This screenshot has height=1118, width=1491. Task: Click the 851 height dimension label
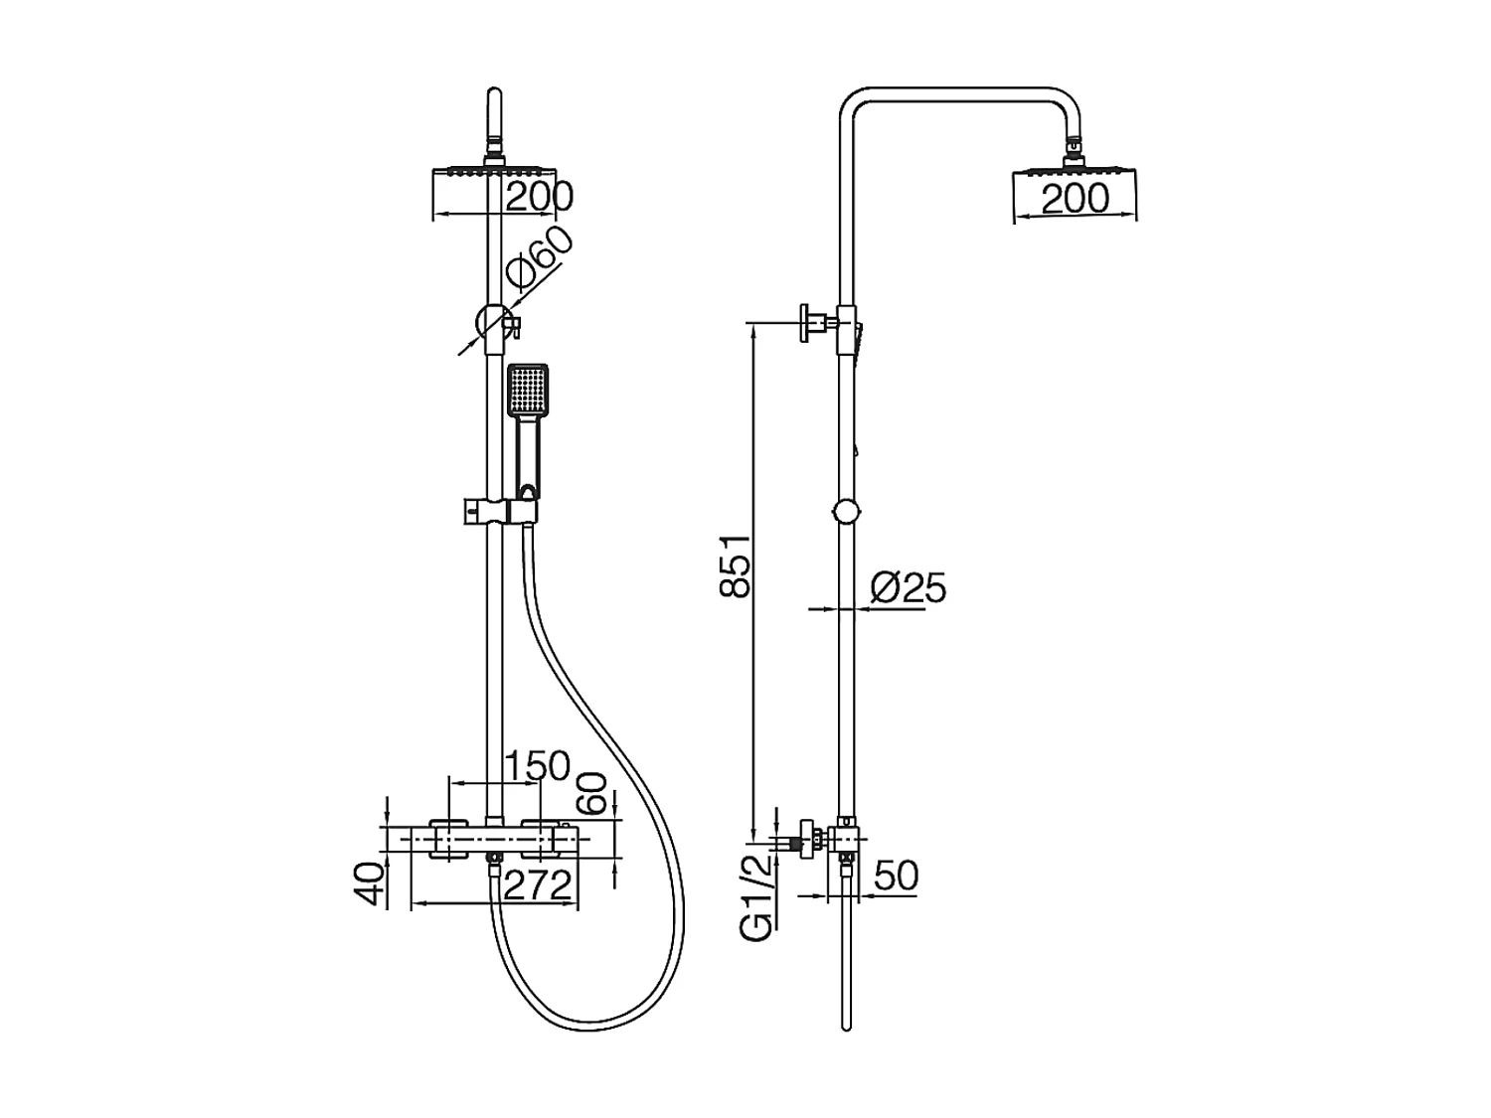pos(736,565)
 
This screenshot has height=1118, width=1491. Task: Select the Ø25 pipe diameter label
pos(908,587)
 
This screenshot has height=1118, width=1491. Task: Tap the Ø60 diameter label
pos(540,257)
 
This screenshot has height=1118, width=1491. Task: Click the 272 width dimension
pos(537,884)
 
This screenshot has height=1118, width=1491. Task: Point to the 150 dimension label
pos(537,766)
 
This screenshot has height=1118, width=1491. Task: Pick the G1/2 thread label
pos(756,899)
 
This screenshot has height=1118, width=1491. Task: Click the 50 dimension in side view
pos(896,877)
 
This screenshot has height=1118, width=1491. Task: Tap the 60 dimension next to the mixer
pos(592,792)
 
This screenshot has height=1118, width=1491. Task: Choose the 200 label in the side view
pos(1075,199)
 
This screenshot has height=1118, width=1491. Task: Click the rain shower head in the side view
pos(1075,176)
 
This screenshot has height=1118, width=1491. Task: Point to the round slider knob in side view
pos(846,512)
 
